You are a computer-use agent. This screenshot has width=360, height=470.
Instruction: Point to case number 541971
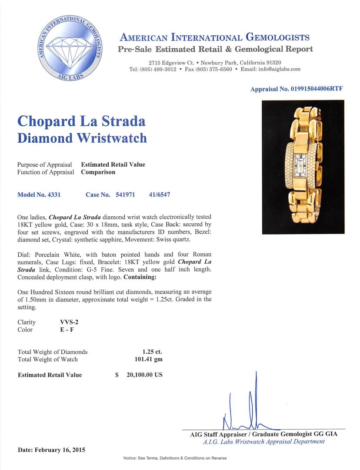tap(125, 195)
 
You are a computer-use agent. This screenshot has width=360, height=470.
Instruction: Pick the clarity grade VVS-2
tap(70, 322)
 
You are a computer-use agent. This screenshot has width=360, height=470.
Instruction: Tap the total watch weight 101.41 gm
tap(149, 359)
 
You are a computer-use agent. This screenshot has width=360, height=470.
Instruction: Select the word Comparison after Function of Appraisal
tap(98, 172)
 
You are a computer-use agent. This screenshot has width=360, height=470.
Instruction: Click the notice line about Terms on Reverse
tap(175, 458)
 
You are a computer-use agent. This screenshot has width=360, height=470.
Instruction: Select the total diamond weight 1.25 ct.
tap(152, 352)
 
